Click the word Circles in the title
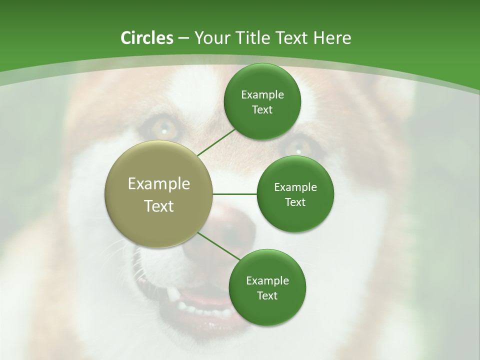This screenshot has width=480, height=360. click(146, 38)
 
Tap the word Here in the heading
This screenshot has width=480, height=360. click(332, 38)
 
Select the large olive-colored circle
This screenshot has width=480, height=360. click(159, 194)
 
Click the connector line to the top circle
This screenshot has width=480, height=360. click(216, 142)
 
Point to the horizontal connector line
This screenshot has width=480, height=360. click(235, 194)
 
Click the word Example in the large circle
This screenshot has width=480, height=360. click(159, 183)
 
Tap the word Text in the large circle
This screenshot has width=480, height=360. click(159, 206)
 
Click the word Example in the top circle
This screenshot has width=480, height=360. click(262, 94)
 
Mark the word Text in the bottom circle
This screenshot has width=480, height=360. click(267, 295)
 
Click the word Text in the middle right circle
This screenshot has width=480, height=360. click(295, 202)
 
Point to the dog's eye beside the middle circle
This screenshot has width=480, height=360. click(298, 146)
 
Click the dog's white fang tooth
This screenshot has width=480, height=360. click(172, 294)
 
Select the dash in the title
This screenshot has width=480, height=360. click(183, 38)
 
